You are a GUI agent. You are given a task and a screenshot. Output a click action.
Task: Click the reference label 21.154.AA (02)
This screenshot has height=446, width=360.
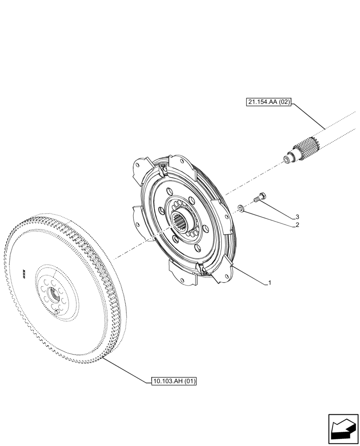pos(268,102)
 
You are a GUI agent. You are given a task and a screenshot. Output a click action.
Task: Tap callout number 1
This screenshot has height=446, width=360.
pos(270,283)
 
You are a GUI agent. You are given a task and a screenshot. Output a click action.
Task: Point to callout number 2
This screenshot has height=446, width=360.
pos(296,225)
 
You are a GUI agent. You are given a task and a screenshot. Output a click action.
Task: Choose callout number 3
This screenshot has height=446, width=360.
pos(296,217)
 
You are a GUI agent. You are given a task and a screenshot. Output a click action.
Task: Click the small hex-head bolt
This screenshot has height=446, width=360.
pos(259,199)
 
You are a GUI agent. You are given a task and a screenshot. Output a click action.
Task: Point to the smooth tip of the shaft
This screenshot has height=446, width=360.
pos(289,157)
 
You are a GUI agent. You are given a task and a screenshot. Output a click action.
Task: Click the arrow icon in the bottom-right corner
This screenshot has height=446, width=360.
pos(343,429)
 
